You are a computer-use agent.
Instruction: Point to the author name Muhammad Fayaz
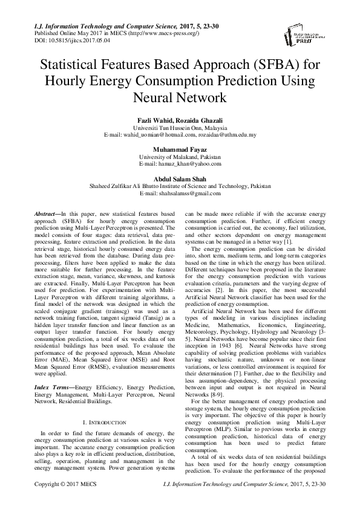point(180,148)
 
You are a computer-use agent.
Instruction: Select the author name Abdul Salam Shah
point(180,178)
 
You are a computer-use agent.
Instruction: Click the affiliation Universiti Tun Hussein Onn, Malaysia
point(180,129)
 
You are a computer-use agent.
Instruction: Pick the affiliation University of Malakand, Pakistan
point(180,156)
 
